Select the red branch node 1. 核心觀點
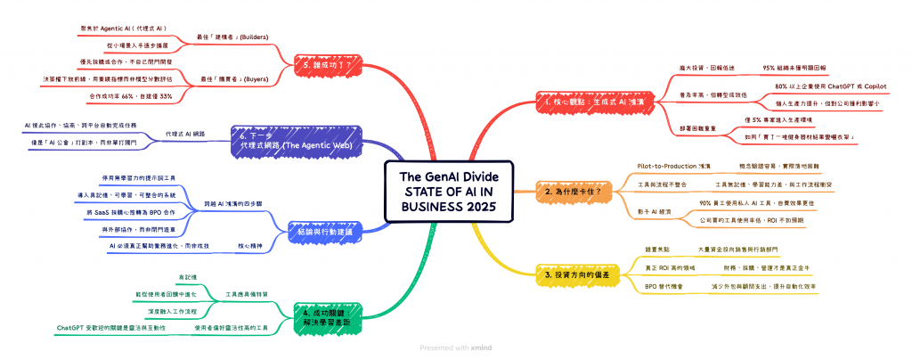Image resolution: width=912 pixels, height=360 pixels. tap(588, 102)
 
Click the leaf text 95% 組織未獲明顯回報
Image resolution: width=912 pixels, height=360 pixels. tap(794, 68)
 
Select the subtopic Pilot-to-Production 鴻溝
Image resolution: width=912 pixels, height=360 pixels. tap(674, 166)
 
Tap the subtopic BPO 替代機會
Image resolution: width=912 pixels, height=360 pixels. tap(666, 286)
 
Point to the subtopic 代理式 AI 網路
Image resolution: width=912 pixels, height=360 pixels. tap(185, 133)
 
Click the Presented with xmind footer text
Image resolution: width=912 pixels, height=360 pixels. tap(455, 348)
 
